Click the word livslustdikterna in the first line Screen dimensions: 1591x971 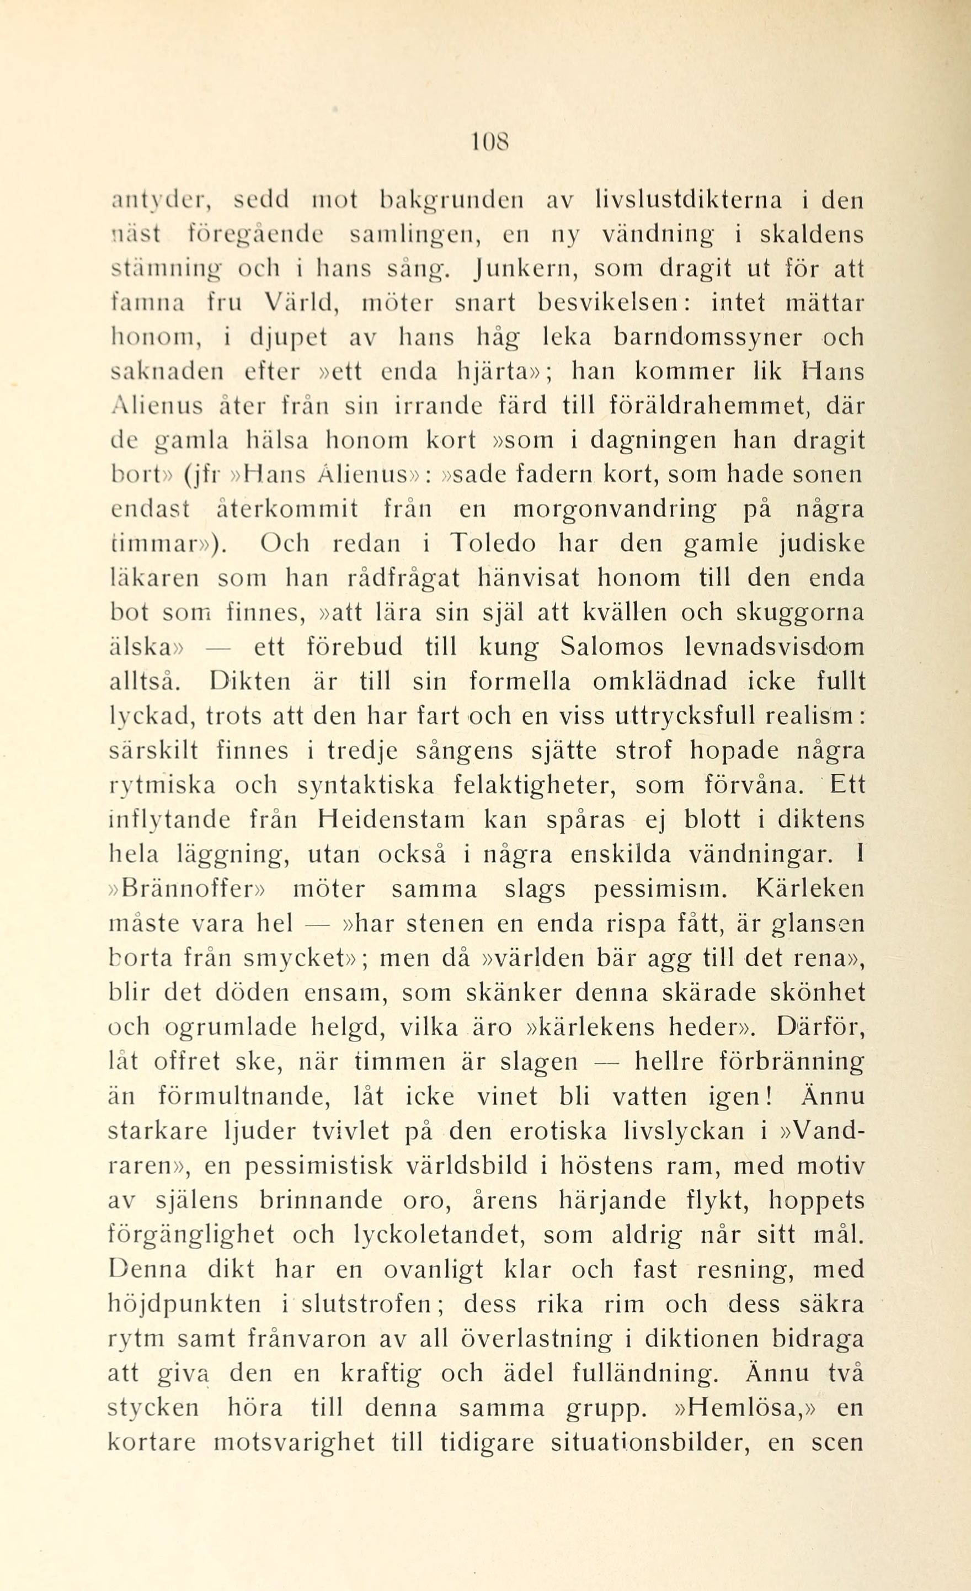click(x=687, y=201)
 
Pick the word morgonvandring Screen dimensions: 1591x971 click(x=615, y=509)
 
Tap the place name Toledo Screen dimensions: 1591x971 click(x=493, y=544)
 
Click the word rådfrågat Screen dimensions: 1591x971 click(x=403, y=578)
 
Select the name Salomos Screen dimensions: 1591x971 click(x=616, y=647)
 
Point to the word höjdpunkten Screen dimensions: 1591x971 click(x=185, y=1303)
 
